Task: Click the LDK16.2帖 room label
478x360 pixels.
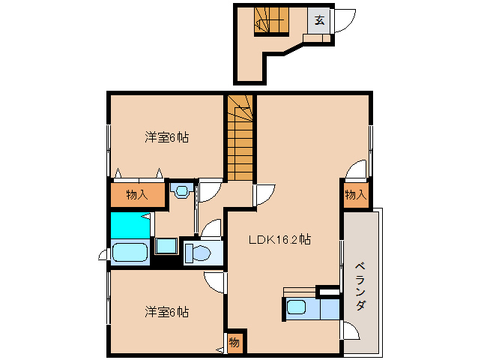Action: pos(280,240)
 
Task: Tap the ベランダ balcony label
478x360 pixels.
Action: pos(360,285)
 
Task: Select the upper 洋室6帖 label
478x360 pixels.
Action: pos(166,137)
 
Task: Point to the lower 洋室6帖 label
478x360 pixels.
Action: pos(166,311)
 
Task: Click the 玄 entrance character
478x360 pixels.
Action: pos(319,20)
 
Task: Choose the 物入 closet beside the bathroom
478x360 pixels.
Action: pos(136,195)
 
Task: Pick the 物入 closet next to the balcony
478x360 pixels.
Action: pos(356,195)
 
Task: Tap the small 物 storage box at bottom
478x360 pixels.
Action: pos(234,343)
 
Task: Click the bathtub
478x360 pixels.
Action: pos(131,252)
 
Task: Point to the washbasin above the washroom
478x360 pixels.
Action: pos(180,190)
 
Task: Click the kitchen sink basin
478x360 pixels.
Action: pos(297,307)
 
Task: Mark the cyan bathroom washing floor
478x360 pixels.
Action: pos(129,225)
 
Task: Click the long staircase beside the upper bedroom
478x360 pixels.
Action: pos(240,139)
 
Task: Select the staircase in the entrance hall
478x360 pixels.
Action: pos(270,19)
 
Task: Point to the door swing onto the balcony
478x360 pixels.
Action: pos(348,330)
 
